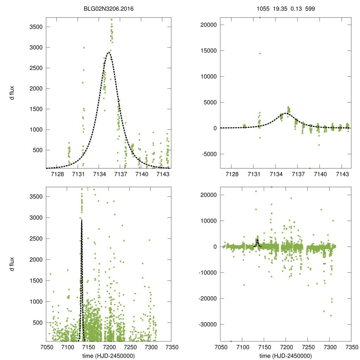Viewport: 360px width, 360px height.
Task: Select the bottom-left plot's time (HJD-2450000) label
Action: point(109,356)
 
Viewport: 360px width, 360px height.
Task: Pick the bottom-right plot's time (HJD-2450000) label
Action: point(286,356)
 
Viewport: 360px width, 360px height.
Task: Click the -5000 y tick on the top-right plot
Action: point(207,154)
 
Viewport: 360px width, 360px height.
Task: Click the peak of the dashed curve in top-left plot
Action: point(109,52)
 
